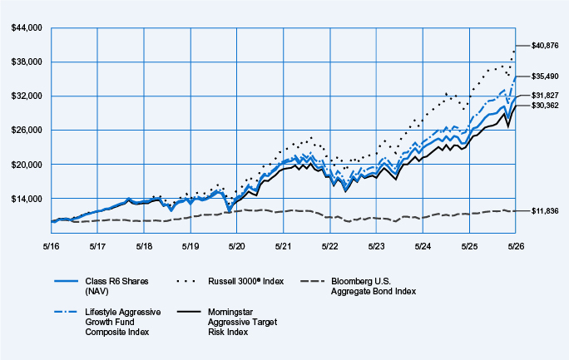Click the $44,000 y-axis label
pos(27,28)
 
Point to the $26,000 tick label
pos(27,131)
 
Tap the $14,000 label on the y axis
pos(27,199)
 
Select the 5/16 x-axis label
pos(52,246)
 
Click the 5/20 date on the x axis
pos(237,246)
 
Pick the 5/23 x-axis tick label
pos(376,246)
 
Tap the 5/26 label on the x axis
pos(516,246)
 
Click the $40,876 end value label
pos(545,46)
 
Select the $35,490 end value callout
pos(545,76)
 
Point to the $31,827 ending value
pos(545,96)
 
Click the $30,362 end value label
pos(545,106)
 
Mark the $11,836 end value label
pos(545,211)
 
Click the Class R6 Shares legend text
pos(116,286)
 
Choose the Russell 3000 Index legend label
pos(246,281)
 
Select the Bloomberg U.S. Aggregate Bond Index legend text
pos(374,286)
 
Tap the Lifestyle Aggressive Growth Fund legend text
pos(123,322)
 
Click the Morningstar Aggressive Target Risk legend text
pos(242,322)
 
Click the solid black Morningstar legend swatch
pos(188,312)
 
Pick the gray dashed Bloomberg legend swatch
pos(312,281)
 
